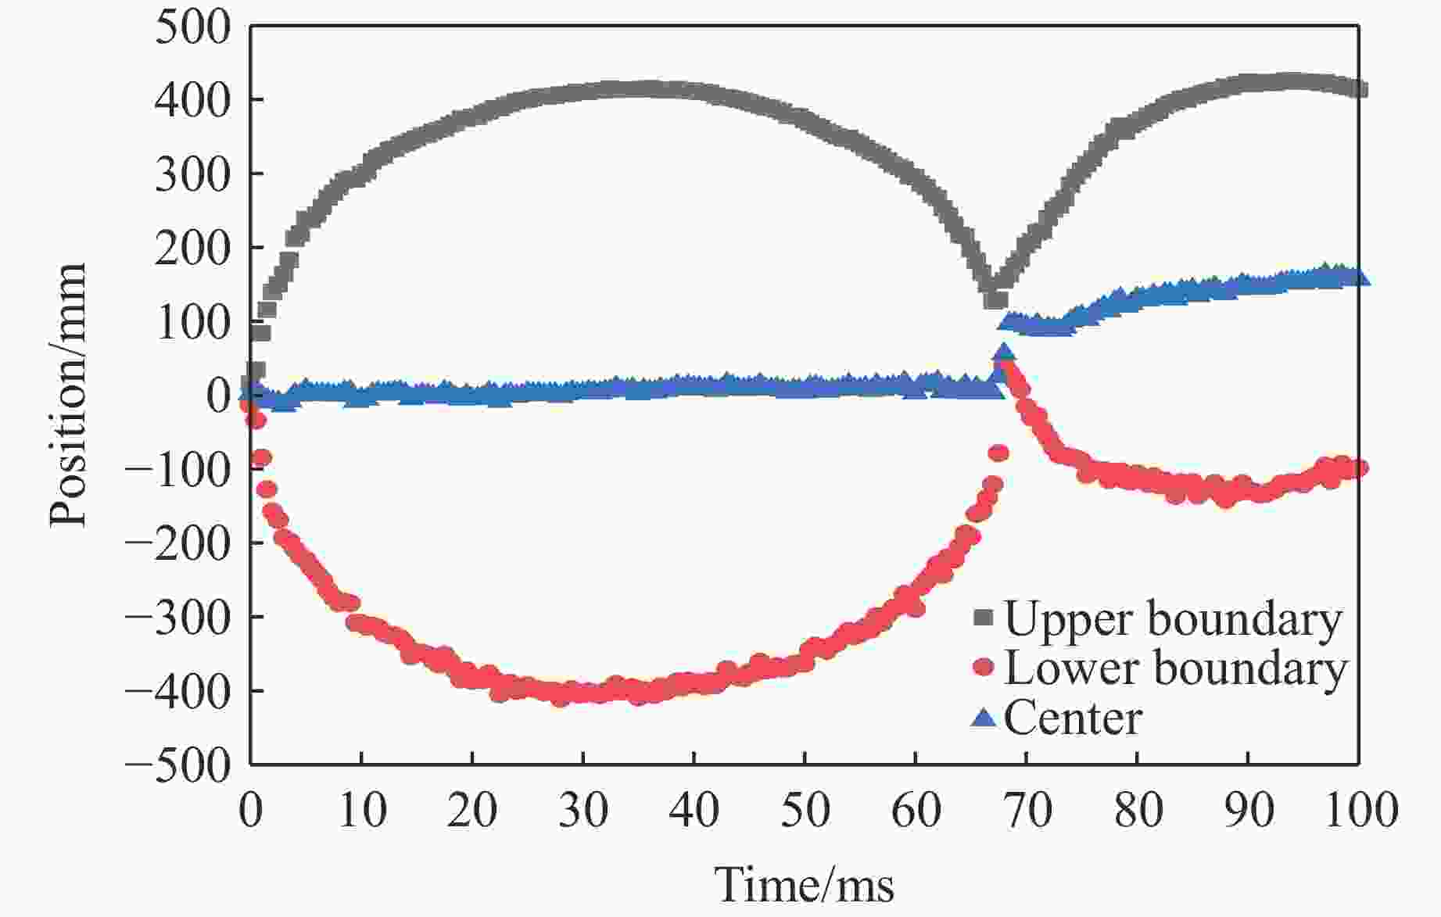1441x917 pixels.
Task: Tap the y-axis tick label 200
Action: pyautogui.click(x=192, y=249)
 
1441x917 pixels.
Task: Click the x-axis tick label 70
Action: pyautogui.click(x=1027, y=811)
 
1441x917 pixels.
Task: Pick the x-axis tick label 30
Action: pyautogui.click(x=583, y=811)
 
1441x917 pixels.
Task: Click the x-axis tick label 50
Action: pyautogui.click(x=805, y=811)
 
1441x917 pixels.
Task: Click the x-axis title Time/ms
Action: pyautogui.click(x=805, y=886)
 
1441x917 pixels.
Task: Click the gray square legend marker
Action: pyautogui.click(x=983, y=618)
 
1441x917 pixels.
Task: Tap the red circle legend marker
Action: pyautogui.click(x=983, y=668)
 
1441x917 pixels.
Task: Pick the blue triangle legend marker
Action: pyautogui.click(x=983, y=717)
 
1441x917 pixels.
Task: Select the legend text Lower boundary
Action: pyautogui.click(x=1175, y=669)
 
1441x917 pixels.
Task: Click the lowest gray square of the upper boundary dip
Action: pyautogui.click(x=995, y=299)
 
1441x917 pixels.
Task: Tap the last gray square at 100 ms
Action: pyautogui.click(x=1359, y=90)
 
